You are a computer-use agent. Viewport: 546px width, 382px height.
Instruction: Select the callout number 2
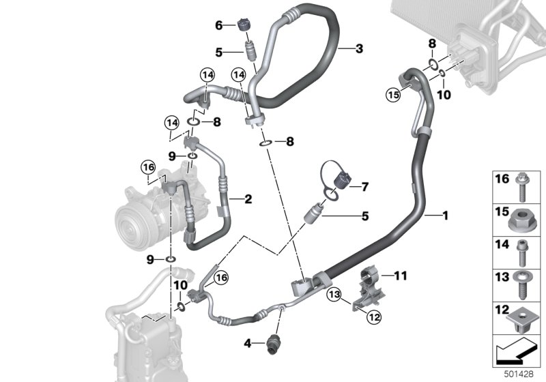(248, 199)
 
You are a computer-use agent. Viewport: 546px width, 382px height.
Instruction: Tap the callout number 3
(359, 48)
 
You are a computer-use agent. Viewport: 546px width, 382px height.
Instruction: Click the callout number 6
(219, 25)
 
